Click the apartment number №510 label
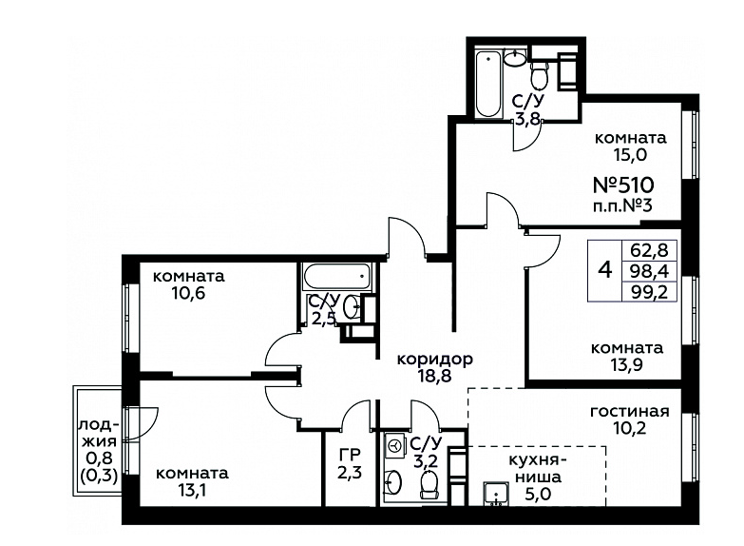click(x=624, y=185)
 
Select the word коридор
click(x=434, y=359)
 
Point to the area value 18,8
click(x=434, y=377)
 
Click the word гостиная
click(x=630, y=412)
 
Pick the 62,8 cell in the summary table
click(x=649, y=249)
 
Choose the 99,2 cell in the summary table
click(x=649, y=292)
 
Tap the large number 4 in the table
click(x=605, y=271)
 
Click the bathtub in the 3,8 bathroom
click(x=488, y=84)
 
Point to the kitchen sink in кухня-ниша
click(x=496, y=494)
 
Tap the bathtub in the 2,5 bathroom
click(x=337, y=277)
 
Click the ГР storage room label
click(x=350, y=456)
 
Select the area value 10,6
click(x=188, y=294)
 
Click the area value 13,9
click(x=627, y=365)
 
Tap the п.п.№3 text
click(x=623, y=206)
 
